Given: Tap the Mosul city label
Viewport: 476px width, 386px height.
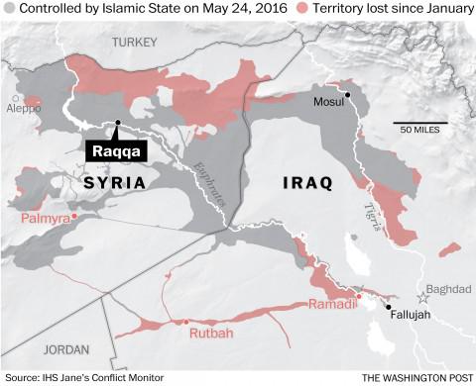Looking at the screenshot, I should (x=329, y=103).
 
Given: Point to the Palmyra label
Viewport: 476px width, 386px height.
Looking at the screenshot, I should (x=43, y=216).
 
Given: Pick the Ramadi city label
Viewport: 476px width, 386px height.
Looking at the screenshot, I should (x=332, y=304).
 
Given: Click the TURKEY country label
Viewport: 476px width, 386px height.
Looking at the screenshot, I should (x=135, y=42).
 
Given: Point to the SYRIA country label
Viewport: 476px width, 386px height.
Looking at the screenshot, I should (x=116, y=183).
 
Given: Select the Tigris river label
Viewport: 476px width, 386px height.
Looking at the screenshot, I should (x=371, y=217).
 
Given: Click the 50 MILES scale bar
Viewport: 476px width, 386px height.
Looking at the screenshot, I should (x=420, y=124).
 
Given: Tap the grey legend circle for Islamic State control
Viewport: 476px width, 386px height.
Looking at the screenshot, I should (x=9, y=10).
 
